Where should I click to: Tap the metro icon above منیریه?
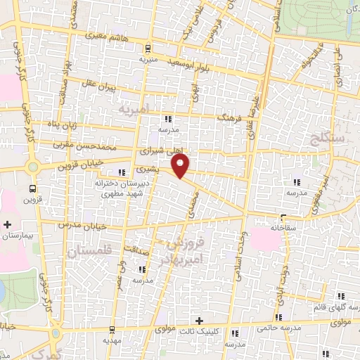click(x=148, y=49)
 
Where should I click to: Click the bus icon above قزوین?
click(x=32, y=188)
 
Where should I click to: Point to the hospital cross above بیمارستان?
click(x=8, y=225)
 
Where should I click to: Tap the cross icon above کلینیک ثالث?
click(x=199, y=321)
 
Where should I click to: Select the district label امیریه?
click(x=134, y=110)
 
